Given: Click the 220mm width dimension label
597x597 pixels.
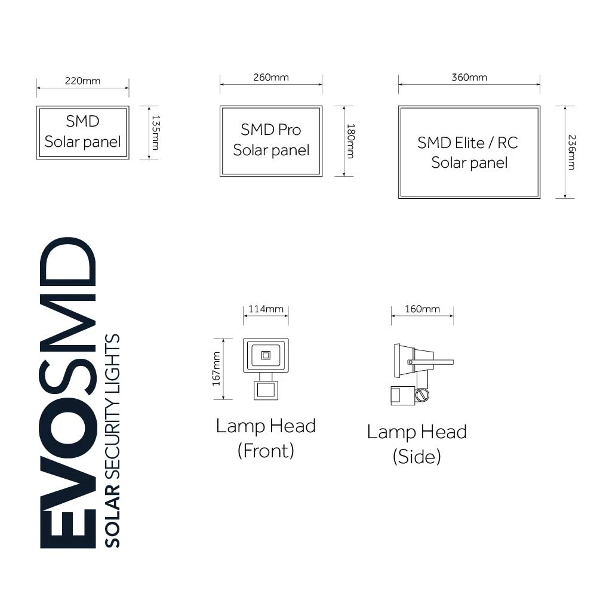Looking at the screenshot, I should click(x=82, y=81).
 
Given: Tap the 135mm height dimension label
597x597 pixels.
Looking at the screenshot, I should click(x=155, y=133).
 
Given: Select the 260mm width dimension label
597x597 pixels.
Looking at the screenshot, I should click(x=270, y=78).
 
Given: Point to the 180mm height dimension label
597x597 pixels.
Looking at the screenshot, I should click(x=351, y=141).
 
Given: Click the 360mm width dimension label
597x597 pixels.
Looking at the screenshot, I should click(x=469, y=78).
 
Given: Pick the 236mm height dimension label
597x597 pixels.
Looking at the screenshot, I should click(x=571, y=152).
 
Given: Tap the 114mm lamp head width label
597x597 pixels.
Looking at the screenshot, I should click(x=266, y=309).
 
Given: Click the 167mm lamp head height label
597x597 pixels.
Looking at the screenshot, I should click(x=217, y=368).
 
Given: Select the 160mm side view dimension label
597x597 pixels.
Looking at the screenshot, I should click(x=422, y=309).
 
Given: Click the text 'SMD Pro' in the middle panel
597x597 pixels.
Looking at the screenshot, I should click(x=271, y=130).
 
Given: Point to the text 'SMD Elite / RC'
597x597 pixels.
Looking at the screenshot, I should click(x=468, y=143).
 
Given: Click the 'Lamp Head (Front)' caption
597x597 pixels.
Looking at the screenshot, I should click(x=266, y=438).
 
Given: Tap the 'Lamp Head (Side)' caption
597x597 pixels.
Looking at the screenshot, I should click(x=417, y=444).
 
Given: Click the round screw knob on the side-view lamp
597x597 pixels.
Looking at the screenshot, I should click(x=423, y=395).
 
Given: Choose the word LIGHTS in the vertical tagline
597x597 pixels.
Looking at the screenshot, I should click(x=112, y=358).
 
